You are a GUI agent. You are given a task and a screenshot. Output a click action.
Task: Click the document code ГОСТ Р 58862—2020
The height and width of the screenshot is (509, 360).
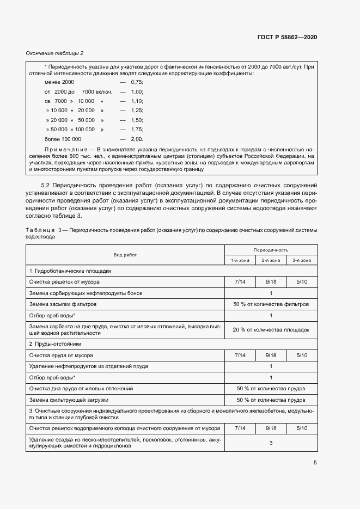pyautogui.click(x=286, y=38)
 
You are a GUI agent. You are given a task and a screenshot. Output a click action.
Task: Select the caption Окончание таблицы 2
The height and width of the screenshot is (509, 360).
pyautogui.click(x=54, y=53)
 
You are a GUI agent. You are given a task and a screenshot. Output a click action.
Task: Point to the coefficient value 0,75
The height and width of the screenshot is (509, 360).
pyautogui.click(x=136, y=82)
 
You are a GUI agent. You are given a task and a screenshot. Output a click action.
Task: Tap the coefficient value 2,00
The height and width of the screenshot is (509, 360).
pyautogui.click(x=136, y=139)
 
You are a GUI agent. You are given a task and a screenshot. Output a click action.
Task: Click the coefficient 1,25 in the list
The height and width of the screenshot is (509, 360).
pyautogui.click(x=136, y=111)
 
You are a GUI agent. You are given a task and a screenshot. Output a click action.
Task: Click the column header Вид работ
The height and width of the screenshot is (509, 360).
pyautogui.click(x=125, y=255)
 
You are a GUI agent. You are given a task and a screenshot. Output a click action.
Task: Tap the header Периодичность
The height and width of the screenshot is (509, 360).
pyautogui.click(x=271, y=249)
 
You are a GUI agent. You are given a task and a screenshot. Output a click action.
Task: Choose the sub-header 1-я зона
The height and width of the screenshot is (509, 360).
pyautogui.click(x=240, y=261)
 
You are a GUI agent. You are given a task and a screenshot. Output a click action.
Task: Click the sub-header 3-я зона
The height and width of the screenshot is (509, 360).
pyautogui.click(x=302, y=261)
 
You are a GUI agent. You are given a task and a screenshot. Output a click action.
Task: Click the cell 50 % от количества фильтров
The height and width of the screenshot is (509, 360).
pyautogui.click(x=271, y=304)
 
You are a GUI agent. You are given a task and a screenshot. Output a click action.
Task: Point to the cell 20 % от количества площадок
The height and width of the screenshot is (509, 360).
pyautogui.click(x=271, y=329)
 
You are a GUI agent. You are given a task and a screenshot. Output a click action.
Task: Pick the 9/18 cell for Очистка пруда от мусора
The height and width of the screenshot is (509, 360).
pyautogui.click(x=271, y=355)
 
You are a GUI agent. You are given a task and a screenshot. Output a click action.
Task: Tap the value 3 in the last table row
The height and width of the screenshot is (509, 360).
pyautogui.click(x=271, y=443)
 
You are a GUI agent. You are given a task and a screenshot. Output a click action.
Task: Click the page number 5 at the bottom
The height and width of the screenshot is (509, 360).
pyautogui.click(x=315, y=463)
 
